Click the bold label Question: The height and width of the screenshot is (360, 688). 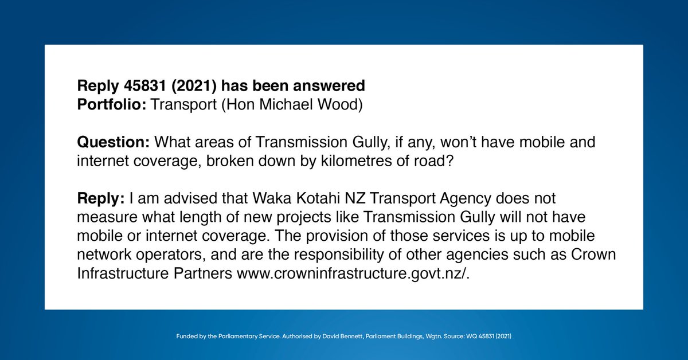pyautogui.click(x=113, y=141)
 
